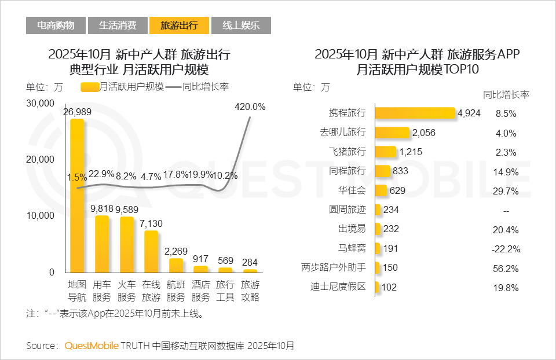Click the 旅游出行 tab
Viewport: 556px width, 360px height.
tap(178, 25)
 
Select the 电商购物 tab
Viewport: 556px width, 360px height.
tap(56, 25)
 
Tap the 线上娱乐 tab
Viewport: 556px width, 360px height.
tap(241, 25)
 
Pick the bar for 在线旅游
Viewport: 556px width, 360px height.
tap(151, 251)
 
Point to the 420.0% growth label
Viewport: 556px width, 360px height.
tap(250, 107)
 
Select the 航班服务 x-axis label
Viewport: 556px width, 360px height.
tap(175, 291)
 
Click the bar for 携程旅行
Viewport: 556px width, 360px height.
tap(415, 113)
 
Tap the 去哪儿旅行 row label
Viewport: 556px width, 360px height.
tap(343, 132)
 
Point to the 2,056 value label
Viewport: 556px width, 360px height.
tap(423, 133)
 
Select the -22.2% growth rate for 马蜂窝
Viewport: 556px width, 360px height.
tap(506, 249)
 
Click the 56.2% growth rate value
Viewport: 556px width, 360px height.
tap(506, 269)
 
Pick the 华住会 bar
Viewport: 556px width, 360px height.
tap(381, 190)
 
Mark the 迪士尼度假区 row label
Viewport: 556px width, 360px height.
tap(338, 286)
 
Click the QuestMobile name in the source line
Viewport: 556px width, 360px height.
tap(92, 346)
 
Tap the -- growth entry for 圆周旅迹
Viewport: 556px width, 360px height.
tap(506, 210)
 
